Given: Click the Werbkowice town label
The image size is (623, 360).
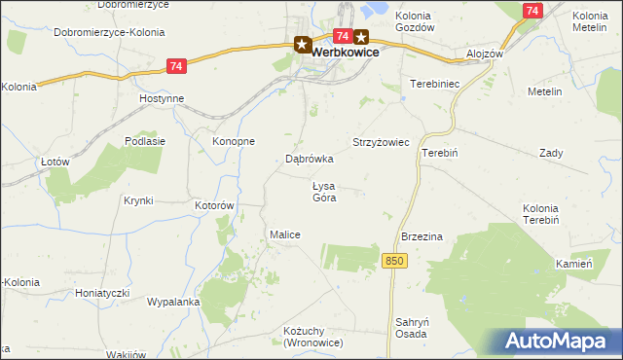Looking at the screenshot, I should click(346, 54).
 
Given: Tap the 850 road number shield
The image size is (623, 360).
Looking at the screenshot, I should click(393, 261).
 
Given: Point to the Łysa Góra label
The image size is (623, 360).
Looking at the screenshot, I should click(324, 192).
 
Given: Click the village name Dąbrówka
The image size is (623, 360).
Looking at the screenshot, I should click(310, 158).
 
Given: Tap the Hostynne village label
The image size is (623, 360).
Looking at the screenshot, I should click(162, 99).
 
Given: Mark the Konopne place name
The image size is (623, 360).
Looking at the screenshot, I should click(234, 140).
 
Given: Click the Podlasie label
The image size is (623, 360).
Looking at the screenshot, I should click(145, 140).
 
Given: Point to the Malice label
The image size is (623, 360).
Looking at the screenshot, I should click(284, 234).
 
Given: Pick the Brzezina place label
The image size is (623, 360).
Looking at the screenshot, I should click(422, 236).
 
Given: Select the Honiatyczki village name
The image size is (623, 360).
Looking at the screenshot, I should click(102, 292).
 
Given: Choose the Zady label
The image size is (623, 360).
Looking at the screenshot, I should click(551, 154).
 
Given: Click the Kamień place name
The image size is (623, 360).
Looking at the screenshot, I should click(574, 264).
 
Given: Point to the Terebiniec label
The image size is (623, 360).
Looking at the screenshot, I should click(432, 85).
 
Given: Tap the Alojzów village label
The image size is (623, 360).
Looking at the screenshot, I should click(484, 54).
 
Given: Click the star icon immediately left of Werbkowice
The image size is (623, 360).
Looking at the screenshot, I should click(302, 44).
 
